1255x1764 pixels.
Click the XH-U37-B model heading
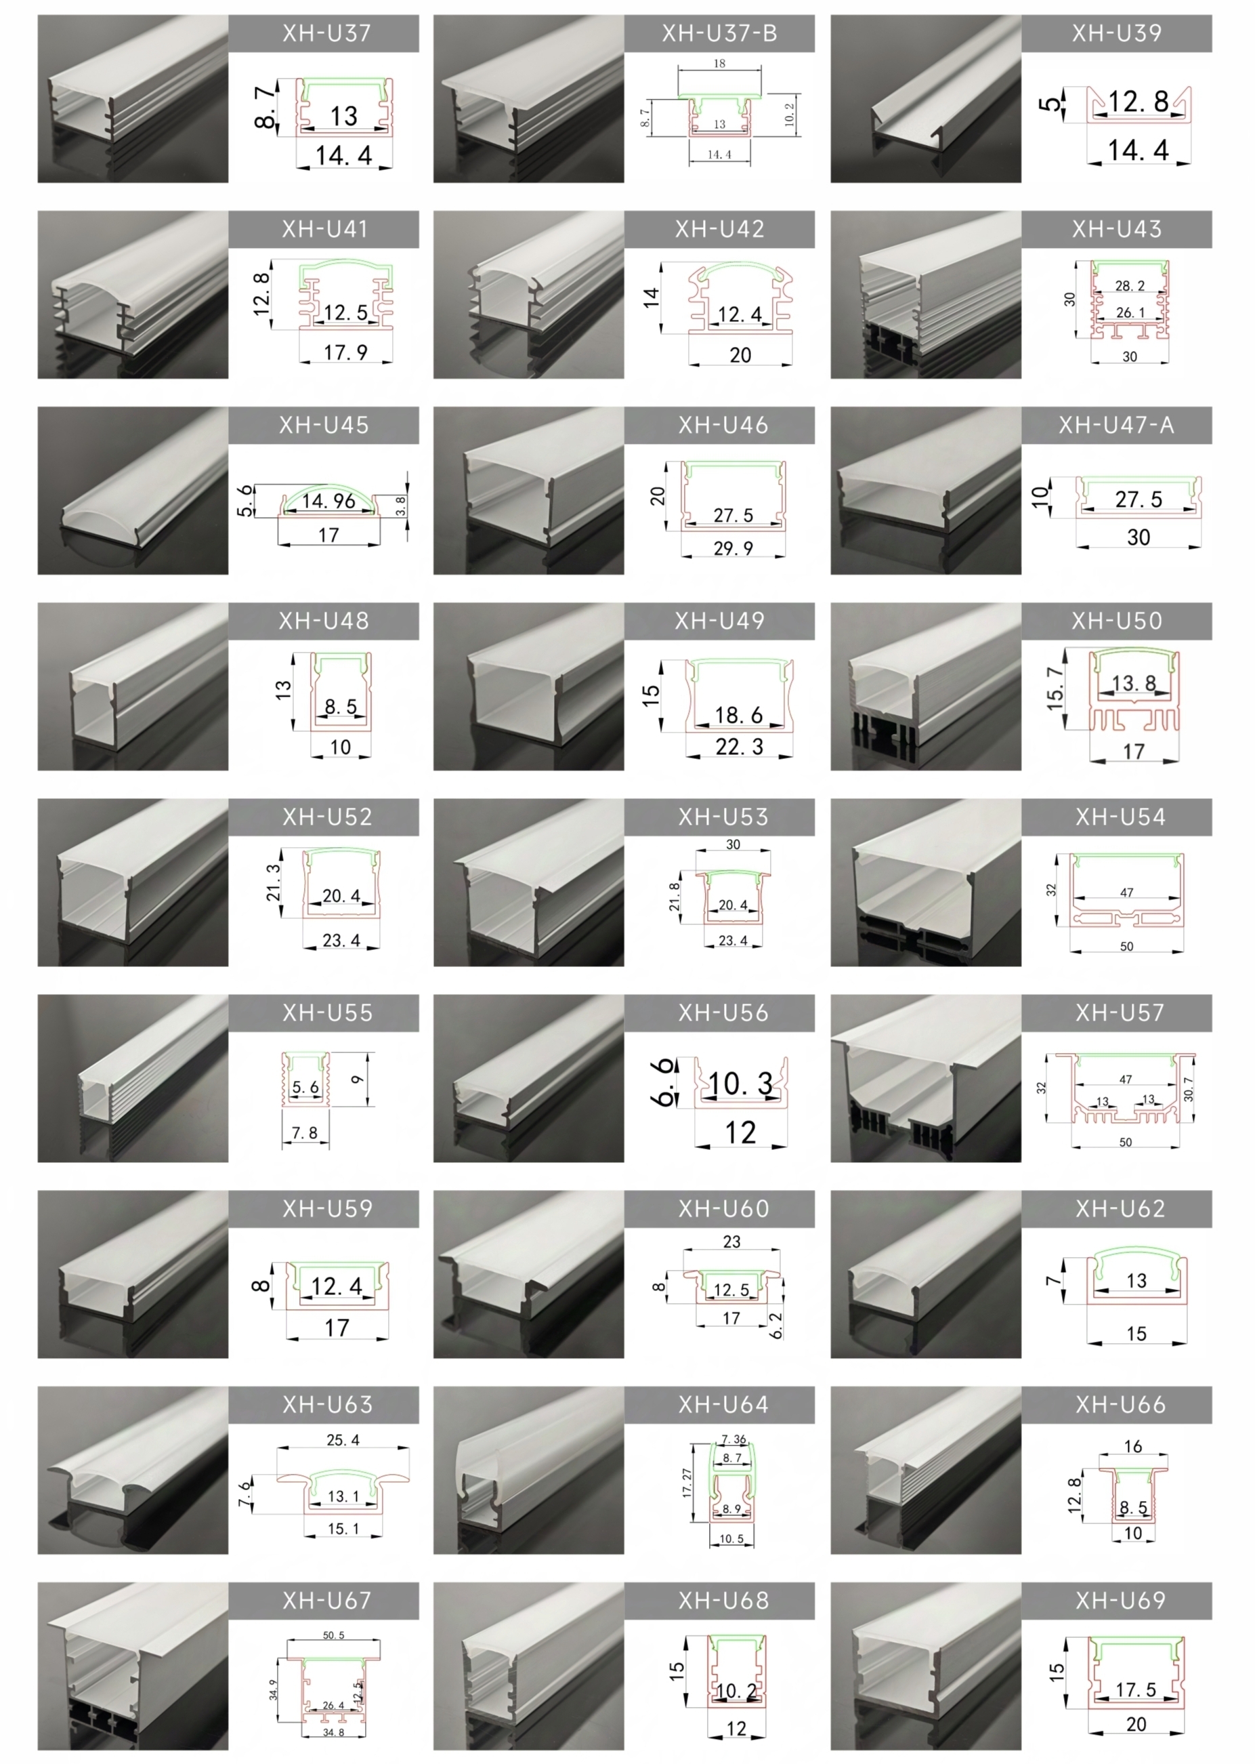click(719, 33)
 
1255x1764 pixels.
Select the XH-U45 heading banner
click(324, 425)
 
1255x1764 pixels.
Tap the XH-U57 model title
click(1120, 1012)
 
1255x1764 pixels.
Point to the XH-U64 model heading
click(723, 1405)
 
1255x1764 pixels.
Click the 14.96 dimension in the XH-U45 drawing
click(328, 501)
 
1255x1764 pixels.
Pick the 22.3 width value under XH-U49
click(739, 747)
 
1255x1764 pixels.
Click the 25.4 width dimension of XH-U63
click(343, 1440)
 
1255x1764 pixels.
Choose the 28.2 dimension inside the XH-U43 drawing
click(1130, 286)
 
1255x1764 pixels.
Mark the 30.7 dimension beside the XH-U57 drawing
click(1189, 1089)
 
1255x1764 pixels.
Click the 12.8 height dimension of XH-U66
click(1075, 1495)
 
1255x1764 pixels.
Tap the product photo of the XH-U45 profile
click(133, 491)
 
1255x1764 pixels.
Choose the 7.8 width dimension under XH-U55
click(305, 1133)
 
